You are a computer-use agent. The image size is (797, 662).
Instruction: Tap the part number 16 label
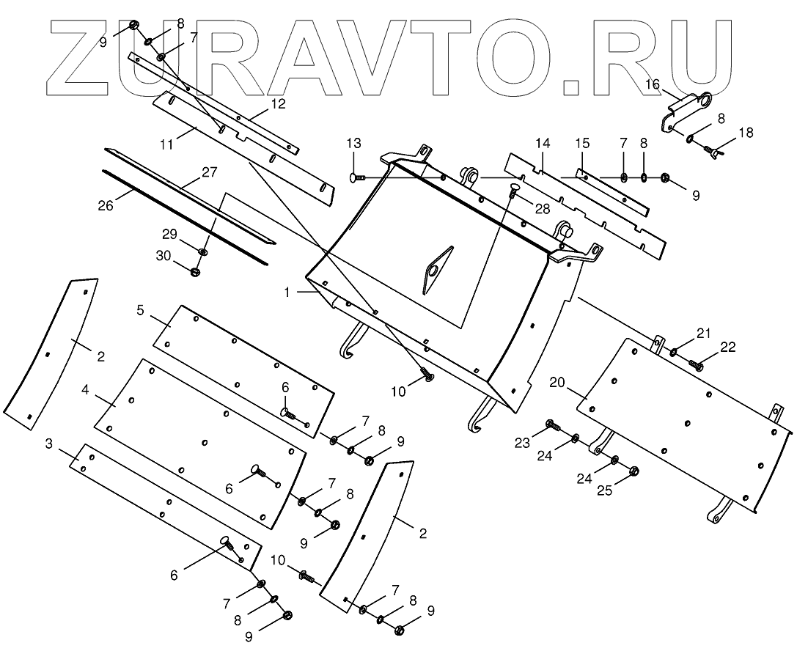[653, 85]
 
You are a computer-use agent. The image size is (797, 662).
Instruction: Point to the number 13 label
[354, 143]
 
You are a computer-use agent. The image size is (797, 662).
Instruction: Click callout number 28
[541, 208]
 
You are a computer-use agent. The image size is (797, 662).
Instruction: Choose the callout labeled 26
[105, 206]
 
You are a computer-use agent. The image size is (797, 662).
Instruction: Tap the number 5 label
[140, 309]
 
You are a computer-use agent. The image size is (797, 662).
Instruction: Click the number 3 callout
[48, 444]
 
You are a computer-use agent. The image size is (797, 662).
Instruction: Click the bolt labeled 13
[359, 177]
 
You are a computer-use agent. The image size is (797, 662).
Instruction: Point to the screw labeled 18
[713, 152]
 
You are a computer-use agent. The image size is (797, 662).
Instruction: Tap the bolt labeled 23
[552, 424]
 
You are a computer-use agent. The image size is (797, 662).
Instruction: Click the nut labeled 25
[634, 471]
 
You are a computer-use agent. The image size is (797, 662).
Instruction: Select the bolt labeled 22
[697, 364]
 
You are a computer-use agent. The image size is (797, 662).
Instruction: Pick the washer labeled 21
[674, 353]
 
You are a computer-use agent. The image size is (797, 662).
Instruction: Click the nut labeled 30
[196, 272]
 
